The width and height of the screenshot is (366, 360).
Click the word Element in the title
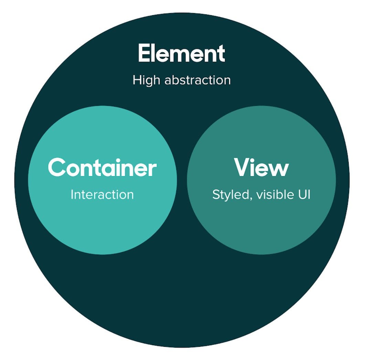click(181, 54)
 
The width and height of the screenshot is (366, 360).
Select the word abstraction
click(197, 80)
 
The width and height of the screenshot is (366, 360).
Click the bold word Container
click(102, 167)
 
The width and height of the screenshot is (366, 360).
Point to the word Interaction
click(102, 195)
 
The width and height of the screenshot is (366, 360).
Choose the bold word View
click(261, 167)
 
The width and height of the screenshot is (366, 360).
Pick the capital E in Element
click(144, 54)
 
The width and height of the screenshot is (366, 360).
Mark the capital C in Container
click(56, 167)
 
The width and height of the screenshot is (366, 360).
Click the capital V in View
click(243, 167)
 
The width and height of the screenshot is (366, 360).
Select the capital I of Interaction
click(72, 195)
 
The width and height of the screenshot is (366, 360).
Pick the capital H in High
click(137, 80)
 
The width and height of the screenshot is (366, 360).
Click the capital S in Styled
click(216, 195)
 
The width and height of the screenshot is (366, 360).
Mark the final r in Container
click(152, 169)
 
